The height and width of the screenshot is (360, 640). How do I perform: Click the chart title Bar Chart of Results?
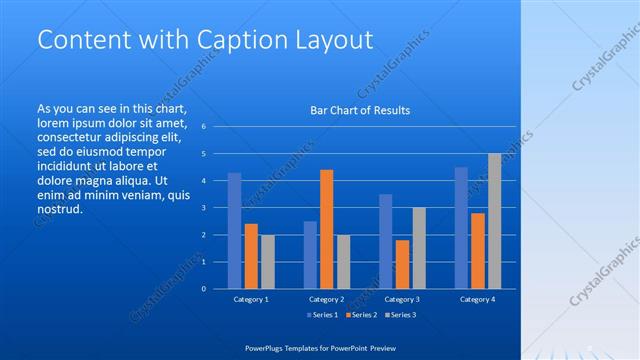(x=359, y=110)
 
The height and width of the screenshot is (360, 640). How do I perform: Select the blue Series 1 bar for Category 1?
(x=234, y=231)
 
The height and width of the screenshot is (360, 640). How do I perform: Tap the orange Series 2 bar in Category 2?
(x=326, y=229)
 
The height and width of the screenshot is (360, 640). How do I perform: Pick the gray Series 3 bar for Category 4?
(x=494, y=221)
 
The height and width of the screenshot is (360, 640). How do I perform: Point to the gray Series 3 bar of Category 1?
(x=267, y=262)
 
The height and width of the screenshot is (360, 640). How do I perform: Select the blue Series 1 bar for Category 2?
(x=310, y=255)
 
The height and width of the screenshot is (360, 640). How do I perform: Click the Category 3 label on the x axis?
(x=402, y=299)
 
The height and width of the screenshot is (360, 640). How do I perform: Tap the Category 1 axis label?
(x=251, y=299)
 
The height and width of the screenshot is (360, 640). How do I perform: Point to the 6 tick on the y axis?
(x=203, y=127)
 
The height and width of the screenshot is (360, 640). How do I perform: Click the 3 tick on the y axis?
(x=203, y=208)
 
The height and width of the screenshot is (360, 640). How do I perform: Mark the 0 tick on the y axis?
(x=203, y=289)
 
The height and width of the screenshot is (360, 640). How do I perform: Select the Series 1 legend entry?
(x=321, y=316)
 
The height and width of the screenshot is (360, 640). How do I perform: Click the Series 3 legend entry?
(x=399, y=316)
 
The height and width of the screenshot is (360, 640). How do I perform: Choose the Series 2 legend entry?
(x=360, y=316)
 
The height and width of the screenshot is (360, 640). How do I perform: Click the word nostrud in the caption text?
(x=58, y=209)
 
